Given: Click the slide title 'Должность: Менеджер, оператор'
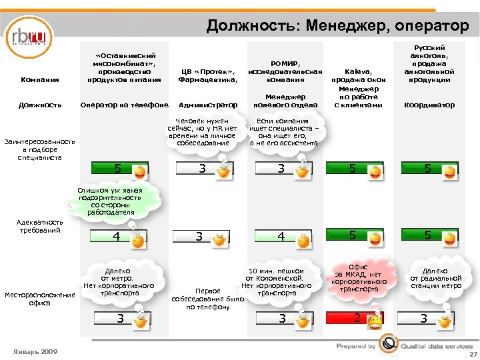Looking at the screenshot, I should (x=337, y=25).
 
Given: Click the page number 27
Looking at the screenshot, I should (x=473, y=354).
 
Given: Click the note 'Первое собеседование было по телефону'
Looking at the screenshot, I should (x=207, y=299).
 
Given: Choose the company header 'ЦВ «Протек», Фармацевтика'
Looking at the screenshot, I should (x=208, y=74).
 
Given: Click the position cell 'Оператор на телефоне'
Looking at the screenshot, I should (x=124, y=105).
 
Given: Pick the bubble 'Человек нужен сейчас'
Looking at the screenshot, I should (x=203, y=133).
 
